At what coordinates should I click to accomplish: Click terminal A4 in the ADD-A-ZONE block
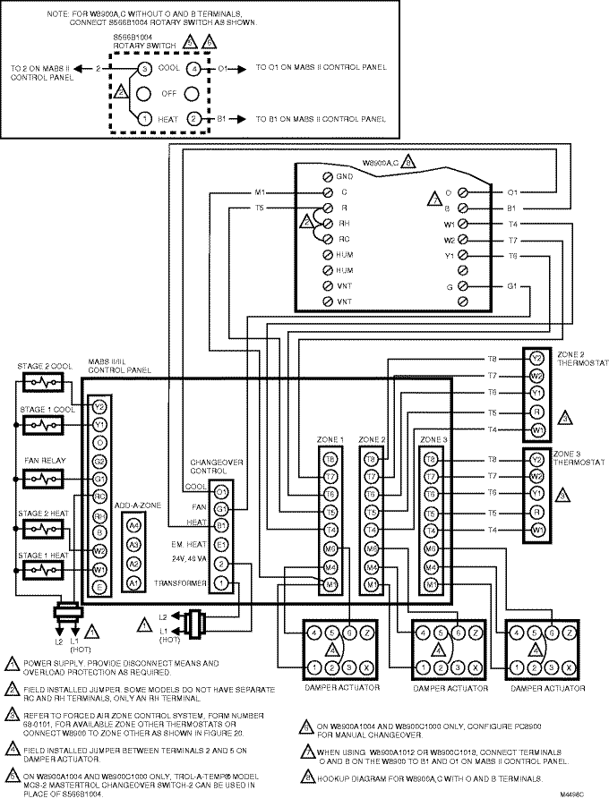[x=134, y=525]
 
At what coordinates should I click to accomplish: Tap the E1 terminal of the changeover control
[x=221, y=544]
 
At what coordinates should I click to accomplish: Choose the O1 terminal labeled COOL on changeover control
[x=221, y=490]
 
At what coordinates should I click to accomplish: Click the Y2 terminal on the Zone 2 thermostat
[x=536, y=359]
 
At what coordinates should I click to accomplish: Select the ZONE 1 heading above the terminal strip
[x=330, y=440]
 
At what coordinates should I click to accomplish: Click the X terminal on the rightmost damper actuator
[x=569, y=667]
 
